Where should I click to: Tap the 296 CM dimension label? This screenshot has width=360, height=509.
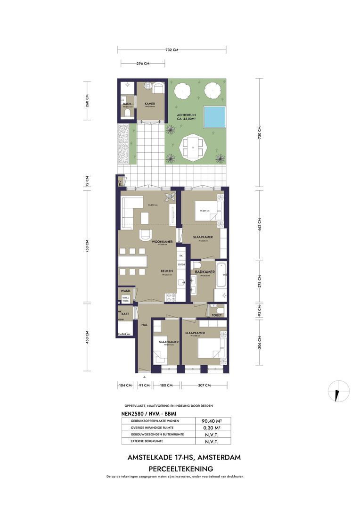143,64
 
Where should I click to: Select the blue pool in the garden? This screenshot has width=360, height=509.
213,116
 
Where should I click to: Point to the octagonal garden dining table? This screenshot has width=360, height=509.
195,148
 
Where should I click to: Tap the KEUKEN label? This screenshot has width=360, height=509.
166,271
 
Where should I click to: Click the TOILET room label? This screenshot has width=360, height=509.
217,315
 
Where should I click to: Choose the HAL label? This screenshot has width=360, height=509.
145,325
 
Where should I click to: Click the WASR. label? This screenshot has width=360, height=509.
124,291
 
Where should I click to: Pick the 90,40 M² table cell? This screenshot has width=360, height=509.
212,421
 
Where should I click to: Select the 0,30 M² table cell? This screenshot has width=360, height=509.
212,428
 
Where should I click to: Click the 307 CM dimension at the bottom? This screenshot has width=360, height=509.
205,386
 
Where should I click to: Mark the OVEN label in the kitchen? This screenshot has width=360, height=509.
181,265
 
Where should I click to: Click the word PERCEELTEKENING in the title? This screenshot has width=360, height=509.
181,469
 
